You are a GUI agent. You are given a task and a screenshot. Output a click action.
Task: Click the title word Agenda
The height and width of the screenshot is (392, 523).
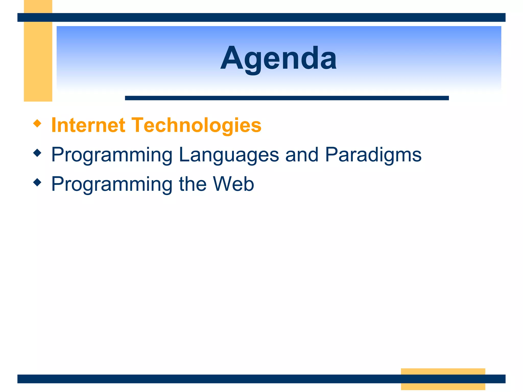tap(278, 58)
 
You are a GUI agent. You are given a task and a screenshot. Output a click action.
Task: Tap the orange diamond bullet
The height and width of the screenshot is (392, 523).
tap(37, 124)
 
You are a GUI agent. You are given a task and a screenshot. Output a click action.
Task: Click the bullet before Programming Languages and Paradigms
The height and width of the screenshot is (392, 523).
tap(37, 153)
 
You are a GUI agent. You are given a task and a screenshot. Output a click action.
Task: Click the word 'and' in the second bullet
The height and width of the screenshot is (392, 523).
tap(302, 155)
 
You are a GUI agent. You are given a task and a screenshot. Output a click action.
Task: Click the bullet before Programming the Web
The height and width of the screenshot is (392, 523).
tap(37, 182)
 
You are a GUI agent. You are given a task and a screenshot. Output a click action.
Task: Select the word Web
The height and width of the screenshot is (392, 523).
tap(233, 184)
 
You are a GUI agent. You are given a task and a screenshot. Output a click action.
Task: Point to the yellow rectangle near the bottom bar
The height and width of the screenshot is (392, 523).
tap(443, 371)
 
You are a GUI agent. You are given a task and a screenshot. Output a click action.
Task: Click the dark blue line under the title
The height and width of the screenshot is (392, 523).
tap(287, 98)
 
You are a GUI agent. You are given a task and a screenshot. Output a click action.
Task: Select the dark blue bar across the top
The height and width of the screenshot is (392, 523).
tap(261, 17)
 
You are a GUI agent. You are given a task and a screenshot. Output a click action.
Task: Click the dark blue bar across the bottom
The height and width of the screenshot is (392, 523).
tap(204, 379)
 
